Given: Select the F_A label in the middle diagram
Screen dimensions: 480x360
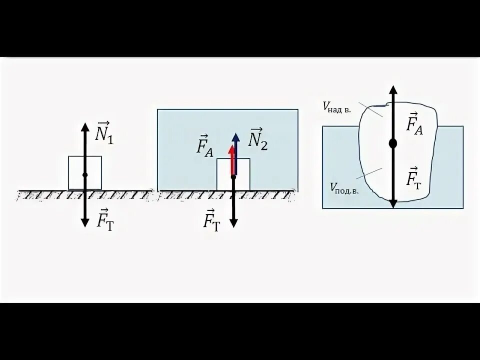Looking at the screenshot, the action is click(x=205, y=147).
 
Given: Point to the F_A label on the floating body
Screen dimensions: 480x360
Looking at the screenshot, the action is click(x=414, y=123).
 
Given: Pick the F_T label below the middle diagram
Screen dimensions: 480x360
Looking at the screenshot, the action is click(x=211, y=219).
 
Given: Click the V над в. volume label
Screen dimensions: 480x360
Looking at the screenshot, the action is click(x=336, y=107).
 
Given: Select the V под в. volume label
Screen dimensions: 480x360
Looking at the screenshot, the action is click(x=344, y=188).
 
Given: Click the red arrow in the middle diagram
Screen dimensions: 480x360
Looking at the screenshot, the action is click(x=232, y=160).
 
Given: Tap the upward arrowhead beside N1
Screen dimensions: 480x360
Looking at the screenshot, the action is click(x=85, y=125).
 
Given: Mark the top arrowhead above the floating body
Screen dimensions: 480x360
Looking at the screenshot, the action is click(x=393, y=90).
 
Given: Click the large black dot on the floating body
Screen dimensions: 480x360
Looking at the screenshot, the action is click(x=393, y=143).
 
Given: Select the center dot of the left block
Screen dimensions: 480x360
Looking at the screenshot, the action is click(x=85, y=174).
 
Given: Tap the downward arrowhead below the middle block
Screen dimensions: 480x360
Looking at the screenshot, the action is click(x=233, y=223).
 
